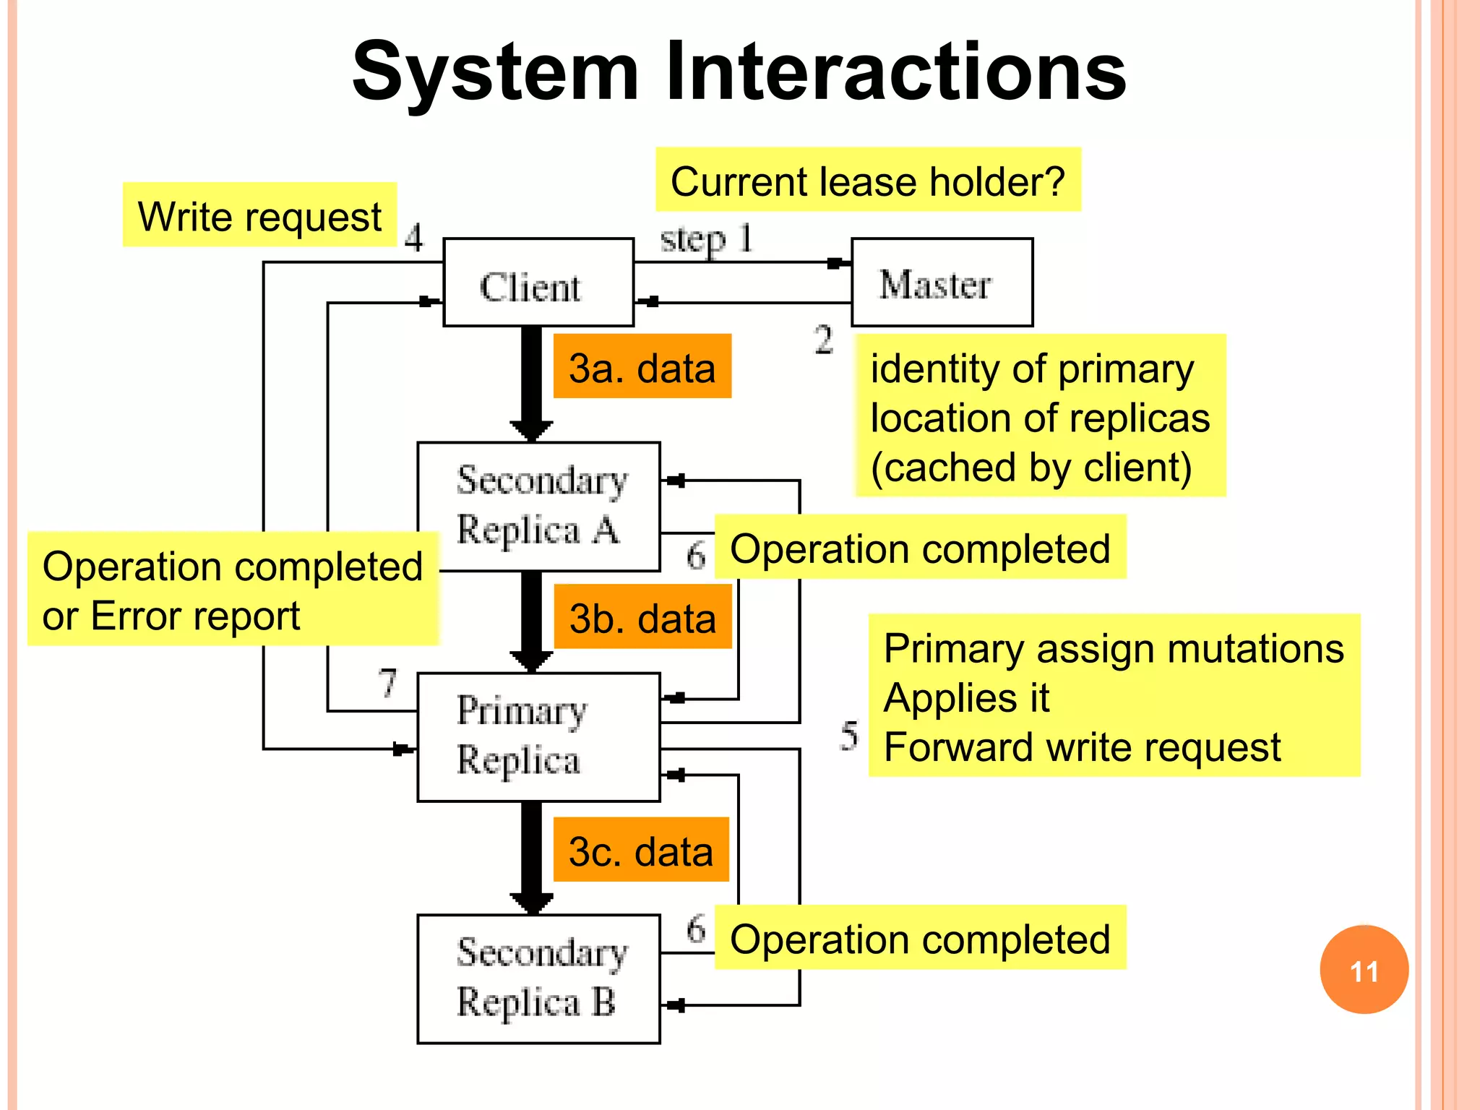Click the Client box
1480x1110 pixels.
click(x=538, y=283)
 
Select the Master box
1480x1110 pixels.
click(x=942, y=283)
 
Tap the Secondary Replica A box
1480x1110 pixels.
click(x=538, y=506)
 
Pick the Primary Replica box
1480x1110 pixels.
click(x=538, y=737)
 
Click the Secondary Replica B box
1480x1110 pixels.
click(x=538, y=978)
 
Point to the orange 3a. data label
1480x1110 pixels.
click(x=642, y=366)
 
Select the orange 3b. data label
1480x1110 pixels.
click(x=642, y=617)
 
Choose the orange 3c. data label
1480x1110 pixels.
click(x=640, y=850)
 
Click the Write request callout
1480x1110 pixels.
click(x=259, y=215)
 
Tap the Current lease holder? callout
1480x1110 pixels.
click(x=867, y=180)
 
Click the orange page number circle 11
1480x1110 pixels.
click(x=1364, y=969)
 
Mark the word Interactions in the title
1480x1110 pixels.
click(x=895, y=72)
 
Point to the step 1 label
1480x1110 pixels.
click(x=706, y=238)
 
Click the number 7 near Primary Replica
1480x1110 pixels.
click(x=388, y=681)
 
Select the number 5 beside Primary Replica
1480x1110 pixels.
click(x=849, y=736)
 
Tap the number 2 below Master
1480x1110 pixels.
click(x=824, y=340)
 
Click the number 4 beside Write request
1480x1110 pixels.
click(x=413, y=237)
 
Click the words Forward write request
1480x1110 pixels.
click(x=1082, y=747)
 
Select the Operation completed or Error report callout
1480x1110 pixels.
click(x=233, y=590)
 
